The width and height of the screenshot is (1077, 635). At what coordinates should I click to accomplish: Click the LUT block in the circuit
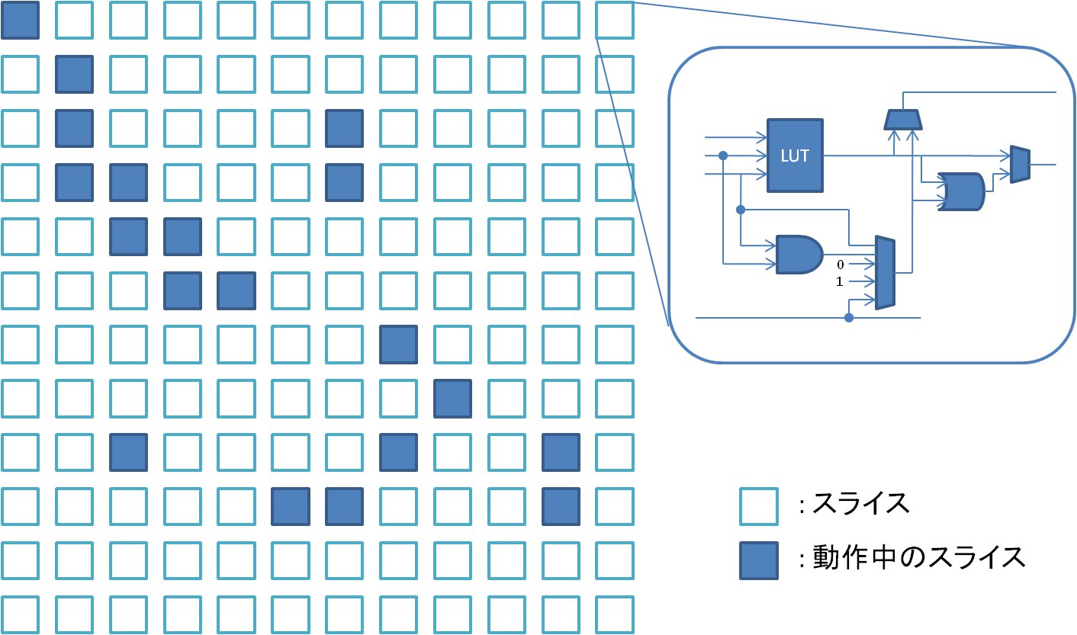(795, 155)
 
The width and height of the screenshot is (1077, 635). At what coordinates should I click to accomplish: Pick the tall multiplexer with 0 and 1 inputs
(885, 272)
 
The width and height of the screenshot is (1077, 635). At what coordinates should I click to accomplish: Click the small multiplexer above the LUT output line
(904, 119)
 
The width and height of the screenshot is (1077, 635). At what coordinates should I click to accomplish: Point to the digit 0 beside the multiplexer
(841, 264)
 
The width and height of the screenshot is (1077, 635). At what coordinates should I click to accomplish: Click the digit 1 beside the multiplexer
(841, 281)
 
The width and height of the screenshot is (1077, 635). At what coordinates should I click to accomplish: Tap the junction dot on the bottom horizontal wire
(848, 316)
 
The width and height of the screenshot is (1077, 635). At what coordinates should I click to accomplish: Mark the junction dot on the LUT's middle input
(723, 156)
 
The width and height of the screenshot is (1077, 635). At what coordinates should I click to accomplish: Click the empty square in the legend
(759, 506)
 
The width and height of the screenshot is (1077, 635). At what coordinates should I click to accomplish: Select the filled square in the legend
(759, 560)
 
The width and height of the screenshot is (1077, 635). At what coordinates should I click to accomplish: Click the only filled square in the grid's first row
(20, 20)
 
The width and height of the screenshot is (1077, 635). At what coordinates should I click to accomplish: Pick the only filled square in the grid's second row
(74, 74)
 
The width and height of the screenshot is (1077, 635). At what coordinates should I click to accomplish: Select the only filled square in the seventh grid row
(399, 344)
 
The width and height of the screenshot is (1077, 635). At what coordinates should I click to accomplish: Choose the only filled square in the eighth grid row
(453, 398)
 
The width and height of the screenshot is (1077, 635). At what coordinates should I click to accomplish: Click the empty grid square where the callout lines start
(615, 20)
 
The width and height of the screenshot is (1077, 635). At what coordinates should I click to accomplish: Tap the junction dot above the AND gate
(740, 209)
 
